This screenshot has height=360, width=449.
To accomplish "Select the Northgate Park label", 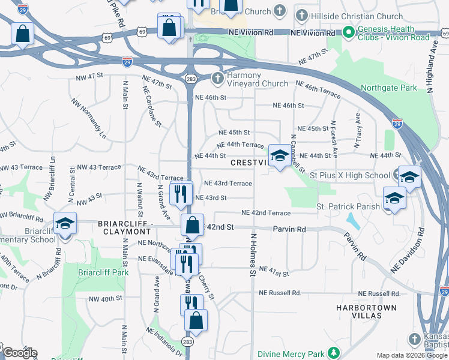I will coord(388,88).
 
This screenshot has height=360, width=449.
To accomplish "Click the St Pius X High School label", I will coord(350,175).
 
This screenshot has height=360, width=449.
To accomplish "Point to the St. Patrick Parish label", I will coord(348,206).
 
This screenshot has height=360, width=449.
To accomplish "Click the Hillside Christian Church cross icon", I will coord(302,16).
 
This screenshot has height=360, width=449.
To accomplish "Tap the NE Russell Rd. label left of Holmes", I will coord(280,293).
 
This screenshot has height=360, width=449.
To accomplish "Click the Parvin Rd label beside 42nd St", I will coord(289,229).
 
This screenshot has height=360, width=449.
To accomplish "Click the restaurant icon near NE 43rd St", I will coord(180,193).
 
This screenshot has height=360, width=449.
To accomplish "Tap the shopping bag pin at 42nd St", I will coord(192,226).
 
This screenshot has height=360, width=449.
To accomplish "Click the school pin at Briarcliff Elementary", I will coord(64,224).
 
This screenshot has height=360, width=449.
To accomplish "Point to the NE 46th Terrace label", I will coord(318,92).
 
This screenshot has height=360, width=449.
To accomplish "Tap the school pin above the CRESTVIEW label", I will coord(279,156).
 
